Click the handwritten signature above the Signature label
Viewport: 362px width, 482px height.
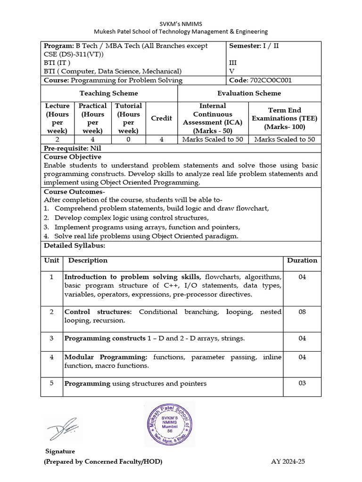63,429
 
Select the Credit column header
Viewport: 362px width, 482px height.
161,118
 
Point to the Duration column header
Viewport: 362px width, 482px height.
302,260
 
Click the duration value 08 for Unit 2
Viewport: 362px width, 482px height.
302,312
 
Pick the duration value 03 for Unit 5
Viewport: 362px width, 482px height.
302,383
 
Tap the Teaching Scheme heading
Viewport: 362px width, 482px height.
109,93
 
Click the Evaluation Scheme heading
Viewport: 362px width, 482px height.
249,93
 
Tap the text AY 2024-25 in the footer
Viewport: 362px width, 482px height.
288,462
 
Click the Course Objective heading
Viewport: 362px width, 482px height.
73,157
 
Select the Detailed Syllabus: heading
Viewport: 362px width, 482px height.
74,246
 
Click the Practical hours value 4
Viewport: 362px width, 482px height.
92,139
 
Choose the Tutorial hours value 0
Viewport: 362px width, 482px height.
128,139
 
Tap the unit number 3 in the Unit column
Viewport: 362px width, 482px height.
51,338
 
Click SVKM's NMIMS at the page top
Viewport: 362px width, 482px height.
181,23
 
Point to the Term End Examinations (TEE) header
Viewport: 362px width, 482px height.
285,118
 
